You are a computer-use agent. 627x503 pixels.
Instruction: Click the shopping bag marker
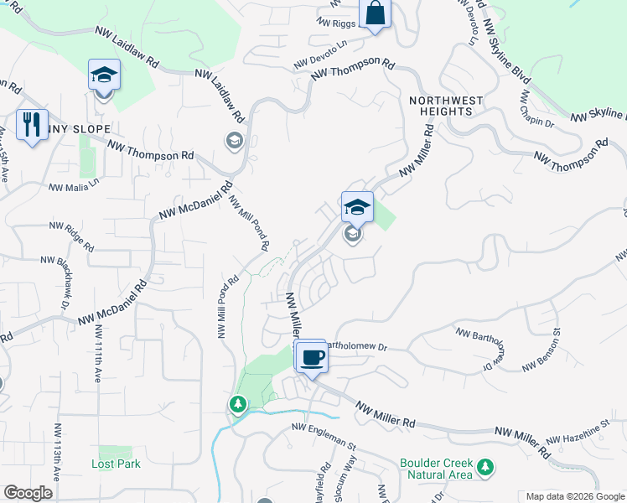tap(375, 14)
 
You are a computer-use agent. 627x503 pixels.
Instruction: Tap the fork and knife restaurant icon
tap(32, 125)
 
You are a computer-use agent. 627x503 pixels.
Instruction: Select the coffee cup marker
tap(312, 358)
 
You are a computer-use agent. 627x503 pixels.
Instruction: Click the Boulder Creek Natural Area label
tap(435, 469)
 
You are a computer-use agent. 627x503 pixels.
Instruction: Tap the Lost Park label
tap(116, 464)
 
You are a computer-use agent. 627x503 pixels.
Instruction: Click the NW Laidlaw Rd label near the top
tap(127, 47)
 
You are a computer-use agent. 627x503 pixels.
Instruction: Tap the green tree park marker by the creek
tap(239, 405)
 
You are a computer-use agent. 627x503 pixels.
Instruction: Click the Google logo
tap(28, 493)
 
